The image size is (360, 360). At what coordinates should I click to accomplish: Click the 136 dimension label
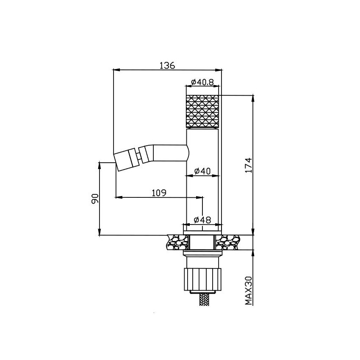[x=167, y=65]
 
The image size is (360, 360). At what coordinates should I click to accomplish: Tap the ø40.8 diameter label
[x=202, y=82]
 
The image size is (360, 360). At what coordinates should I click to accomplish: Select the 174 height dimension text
[x=249, y=165]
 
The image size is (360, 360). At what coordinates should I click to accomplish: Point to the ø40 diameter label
[x=202, y=171]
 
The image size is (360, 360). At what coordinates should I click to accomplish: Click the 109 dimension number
[x=159, y=193]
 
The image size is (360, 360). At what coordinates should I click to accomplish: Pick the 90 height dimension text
[x=95, y=199]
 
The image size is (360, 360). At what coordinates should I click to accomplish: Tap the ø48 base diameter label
[x=202, y=220]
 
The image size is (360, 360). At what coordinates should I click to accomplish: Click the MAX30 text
[x=249, y=291]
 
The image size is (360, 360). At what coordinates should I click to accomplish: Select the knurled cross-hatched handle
[x=202, y=111]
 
